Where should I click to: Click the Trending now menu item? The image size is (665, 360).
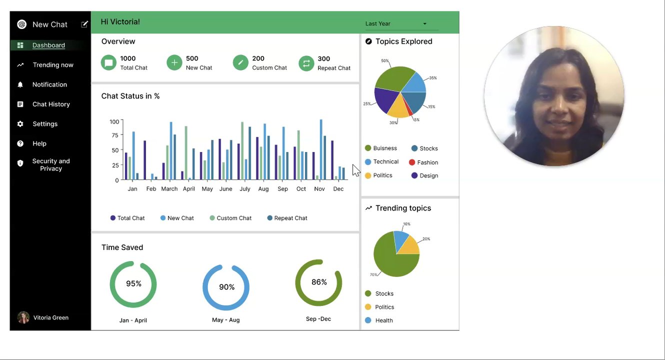pos(52,65)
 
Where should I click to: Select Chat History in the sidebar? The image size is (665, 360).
pos(51,104)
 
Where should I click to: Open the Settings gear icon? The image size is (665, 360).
pos(20,124)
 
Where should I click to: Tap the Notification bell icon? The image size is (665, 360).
pos(20,84)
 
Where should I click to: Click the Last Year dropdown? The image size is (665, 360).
pos(396,23)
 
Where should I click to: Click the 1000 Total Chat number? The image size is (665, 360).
pos(128,58)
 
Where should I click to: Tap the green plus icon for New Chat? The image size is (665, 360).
pos(174,62)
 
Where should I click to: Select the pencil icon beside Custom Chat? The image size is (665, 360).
pos(240,62)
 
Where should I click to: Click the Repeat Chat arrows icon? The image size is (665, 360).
pos(306,63)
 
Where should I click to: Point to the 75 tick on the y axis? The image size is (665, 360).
pos(115,135)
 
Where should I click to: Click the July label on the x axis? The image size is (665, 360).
pos(245,189)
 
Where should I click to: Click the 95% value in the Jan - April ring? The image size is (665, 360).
pos(133,283)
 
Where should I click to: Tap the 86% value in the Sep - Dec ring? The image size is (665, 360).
pos(319,282)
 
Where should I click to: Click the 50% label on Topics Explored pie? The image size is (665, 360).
pos(384,61)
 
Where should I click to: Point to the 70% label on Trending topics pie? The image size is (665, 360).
pos(373,274)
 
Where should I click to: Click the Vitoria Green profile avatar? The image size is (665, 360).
pos(23,317)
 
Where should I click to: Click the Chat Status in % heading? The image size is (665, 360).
pos(130,96)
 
